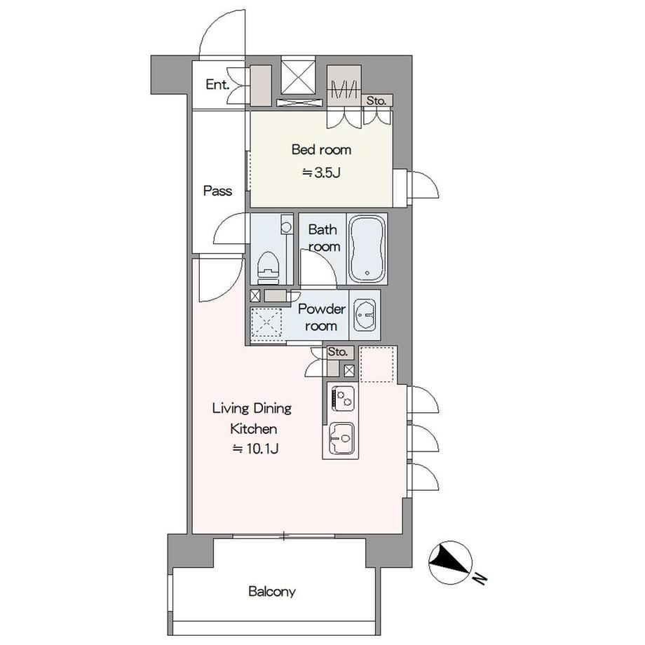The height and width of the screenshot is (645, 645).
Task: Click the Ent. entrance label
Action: [217, 85]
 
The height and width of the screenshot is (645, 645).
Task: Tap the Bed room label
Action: [321, 149]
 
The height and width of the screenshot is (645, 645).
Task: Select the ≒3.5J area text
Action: [321, 172]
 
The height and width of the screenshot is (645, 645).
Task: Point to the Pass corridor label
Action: [217, 191]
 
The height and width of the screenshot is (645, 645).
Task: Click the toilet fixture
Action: [268, 268]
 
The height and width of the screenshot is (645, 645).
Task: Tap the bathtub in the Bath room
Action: [367, 248]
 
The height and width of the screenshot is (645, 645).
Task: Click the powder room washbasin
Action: [365, 315]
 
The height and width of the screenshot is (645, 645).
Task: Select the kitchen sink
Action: [341, 438]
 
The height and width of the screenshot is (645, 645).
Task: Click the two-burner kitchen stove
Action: [343, 398]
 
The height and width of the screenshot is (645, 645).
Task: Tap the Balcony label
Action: [272, 592]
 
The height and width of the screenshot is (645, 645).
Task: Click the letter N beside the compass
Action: [480, 579]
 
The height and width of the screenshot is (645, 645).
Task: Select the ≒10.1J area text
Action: [256, 449]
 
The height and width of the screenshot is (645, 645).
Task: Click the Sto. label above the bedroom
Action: [376, 100]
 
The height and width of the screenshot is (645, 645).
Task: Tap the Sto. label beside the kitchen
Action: [338, 352]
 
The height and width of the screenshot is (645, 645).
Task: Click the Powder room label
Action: [321, 317]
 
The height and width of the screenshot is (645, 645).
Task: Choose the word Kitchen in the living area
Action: [253, 428]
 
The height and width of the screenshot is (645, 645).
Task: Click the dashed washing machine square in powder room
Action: [266, 323]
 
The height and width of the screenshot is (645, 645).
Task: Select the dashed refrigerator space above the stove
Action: [378, 364]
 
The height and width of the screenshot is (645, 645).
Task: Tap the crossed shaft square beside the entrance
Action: [299, 76]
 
